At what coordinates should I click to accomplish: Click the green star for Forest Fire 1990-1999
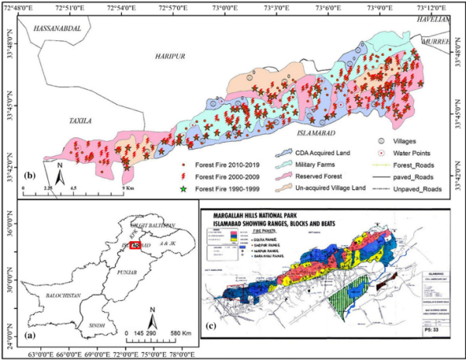click(x=183, y=189)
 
